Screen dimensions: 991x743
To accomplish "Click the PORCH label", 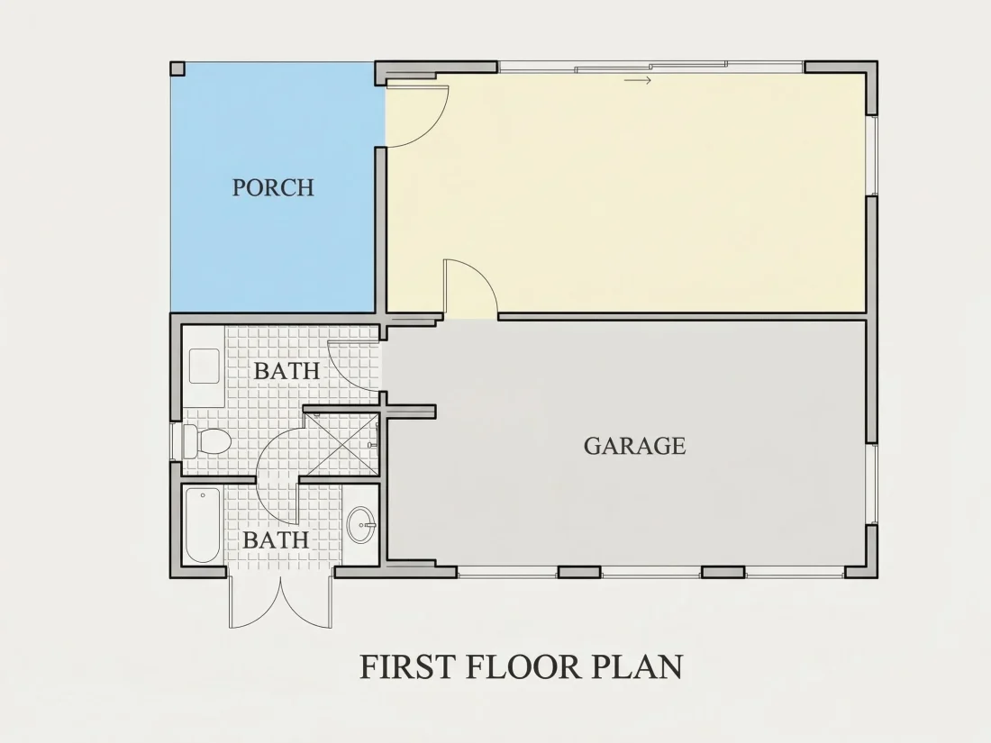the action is coord(273,187).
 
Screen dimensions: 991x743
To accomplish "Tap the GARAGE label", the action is coord(634,446).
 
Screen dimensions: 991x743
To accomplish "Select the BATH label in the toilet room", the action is coord(286,371).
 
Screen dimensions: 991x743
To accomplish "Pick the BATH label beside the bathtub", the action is coord(276,540).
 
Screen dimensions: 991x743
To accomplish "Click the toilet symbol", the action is coord(202,441).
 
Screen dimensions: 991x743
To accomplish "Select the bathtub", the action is coord(202,524).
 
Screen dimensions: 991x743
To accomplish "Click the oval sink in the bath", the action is coord(361,524).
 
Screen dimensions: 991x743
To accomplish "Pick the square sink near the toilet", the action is coord(205,366).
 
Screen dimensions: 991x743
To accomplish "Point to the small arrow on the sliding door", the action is coord(638,80).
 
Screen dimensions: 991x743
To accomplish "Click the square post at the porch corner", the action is coord(177,68).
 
